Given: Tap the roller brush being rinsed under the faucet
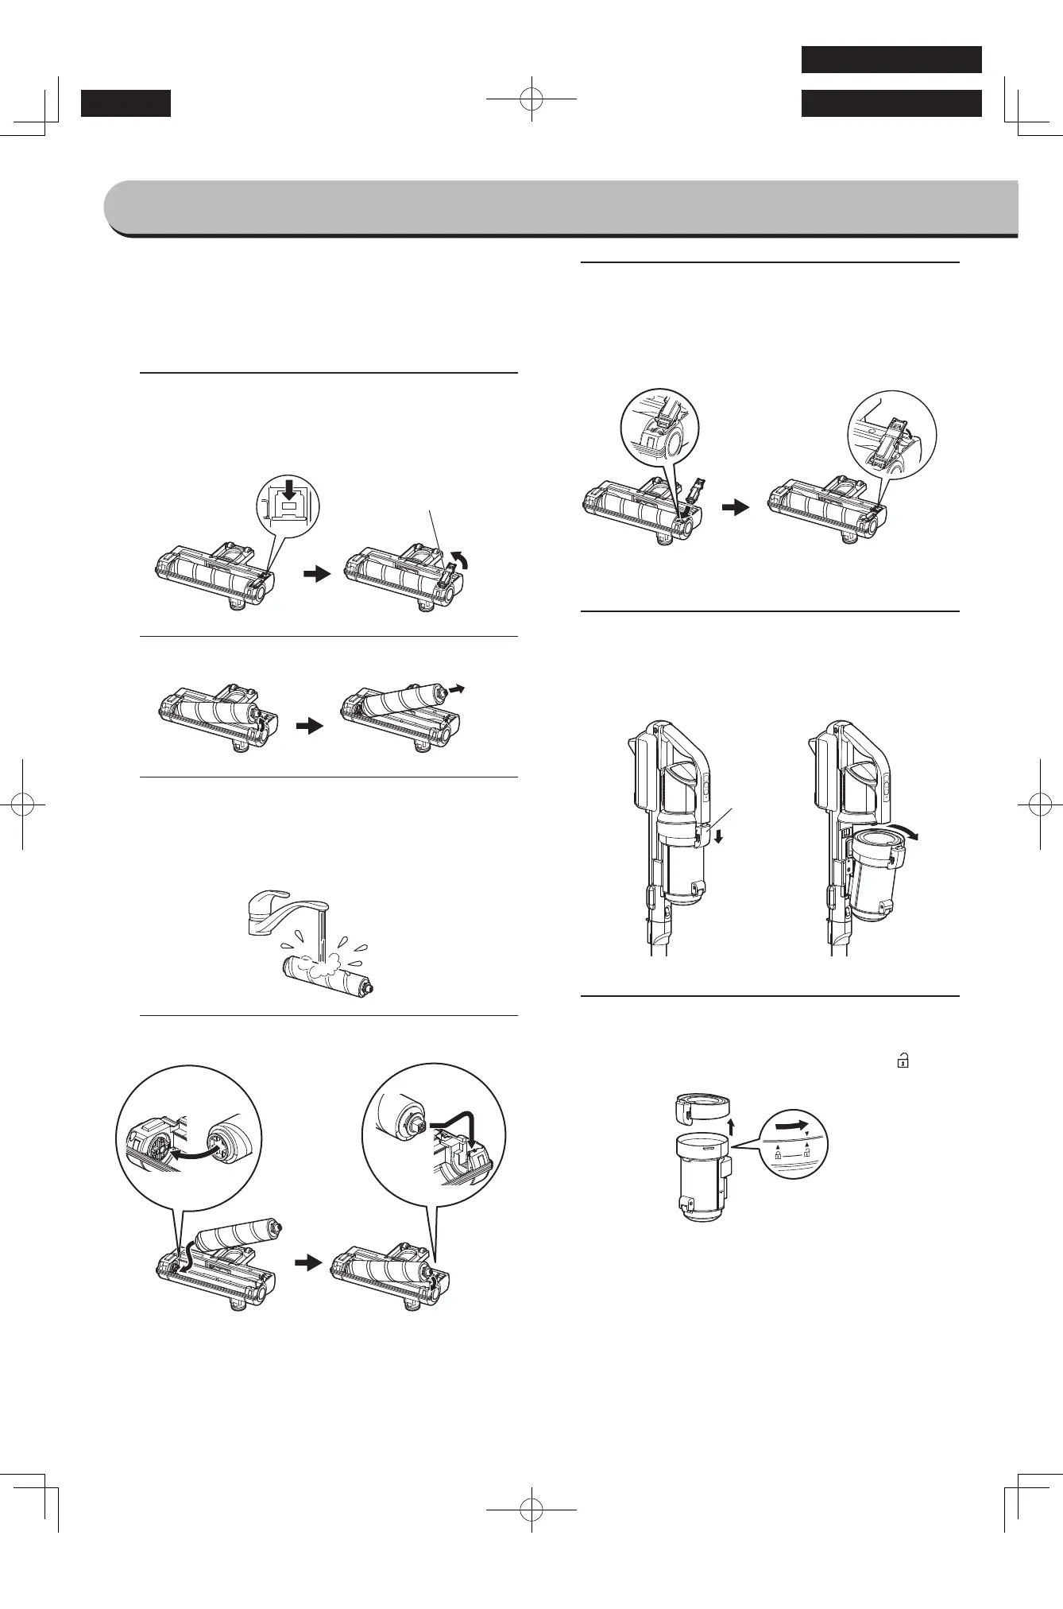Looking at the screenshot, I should [326, 975].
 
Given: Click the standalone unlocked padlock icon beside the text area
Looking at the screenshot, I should [903, 1059].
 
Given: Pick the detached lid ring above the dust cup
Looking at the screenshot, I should [702, 1110].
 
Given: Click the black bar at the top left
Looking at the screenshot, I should [126, 103].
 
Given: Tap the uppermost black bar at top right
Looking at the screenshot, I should [891, 60].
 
